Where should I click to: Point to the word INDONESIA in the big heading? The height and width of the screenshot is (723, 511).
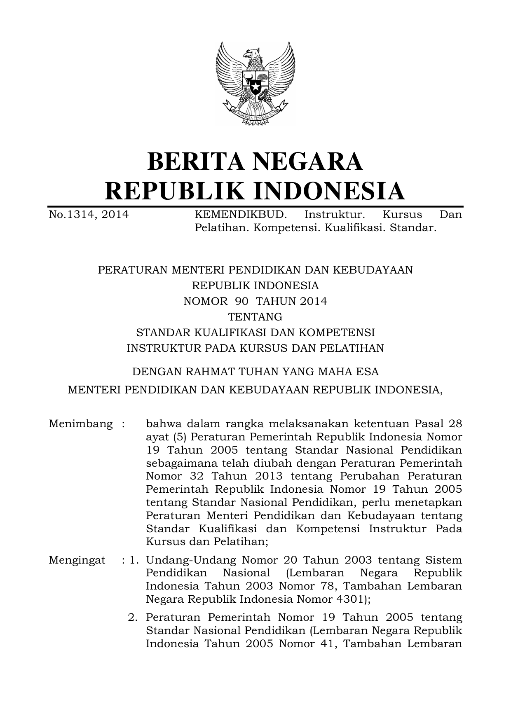coord(329,190)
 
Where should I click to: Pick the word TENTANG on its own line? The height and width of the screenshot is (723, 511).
coord(255,317)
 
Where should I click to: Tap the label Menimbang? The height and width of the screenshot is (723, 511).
coord(80,424)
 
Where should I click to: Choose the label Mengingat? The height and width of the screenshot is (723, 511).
coord(77,560)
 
